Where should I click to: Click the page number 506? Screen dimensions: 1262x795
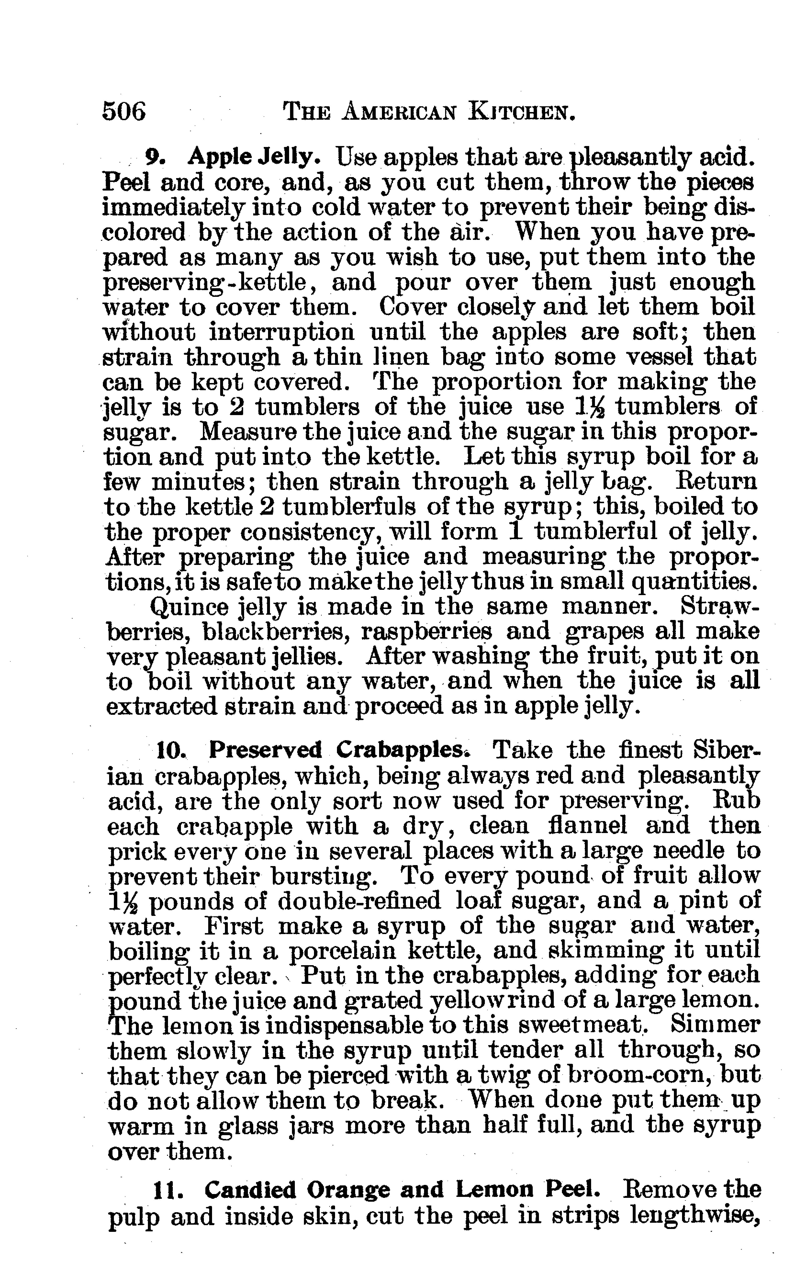pos(124,112)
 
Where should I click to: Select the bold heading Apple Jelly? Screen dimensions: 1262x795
pos(255,156)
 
